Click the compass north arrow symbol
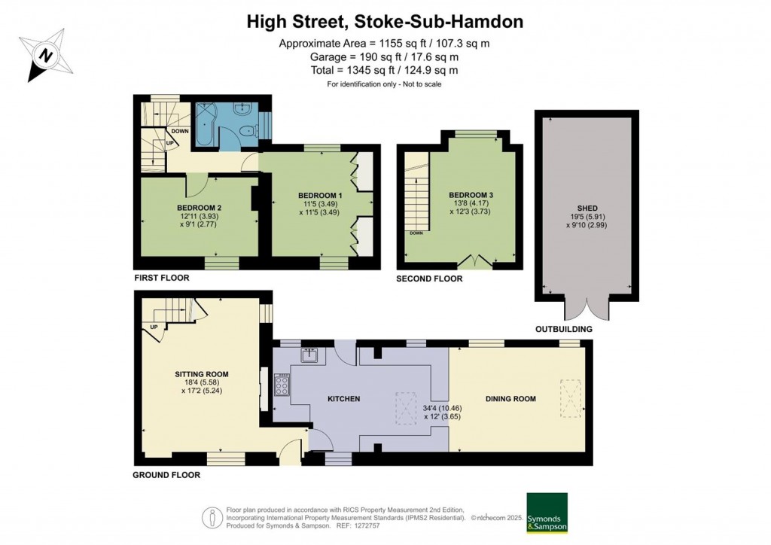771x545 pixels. click(x=47, y=55)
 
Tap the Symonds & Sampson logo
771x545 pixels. click(x=547, y=512)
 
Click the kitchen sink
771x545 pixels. click(x=309, y=354)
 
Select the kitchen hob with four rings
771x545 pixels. click(x=282, y=385)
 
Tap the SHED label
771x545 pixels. click(x=587, y=209)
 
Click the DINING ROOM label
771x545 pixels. click(x=510, y=399)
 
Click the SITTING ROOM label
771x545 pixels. click(x=202, y=374)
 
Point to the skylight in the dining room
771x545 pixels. click(x=571, y=398)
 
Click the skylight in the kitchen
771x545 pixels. click(x=406, y=407)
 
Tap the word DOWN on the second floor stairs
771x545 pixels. click(x=416, y=233)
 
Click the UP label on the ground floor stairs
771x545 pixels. click(x=154, y=327)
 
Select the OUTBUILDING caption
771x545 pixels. click(x=563, y=329)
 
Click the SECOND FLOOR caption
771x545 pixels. click(x=429, y=279)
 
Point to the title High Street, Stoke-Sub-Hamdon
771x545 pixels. click(x=385, y=22)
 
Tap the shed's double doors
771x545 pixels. click(x=587, y=309)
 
